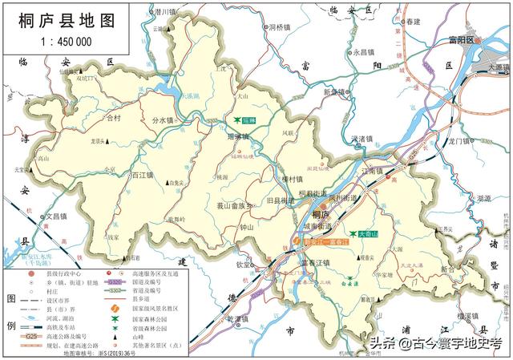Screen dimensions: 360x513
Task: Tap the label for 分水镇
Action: coord(163,120)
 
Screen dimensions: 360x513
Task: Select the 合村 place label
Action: coord(113,118)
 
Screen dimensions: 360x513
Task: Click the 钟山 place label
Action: coord(247,227)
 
